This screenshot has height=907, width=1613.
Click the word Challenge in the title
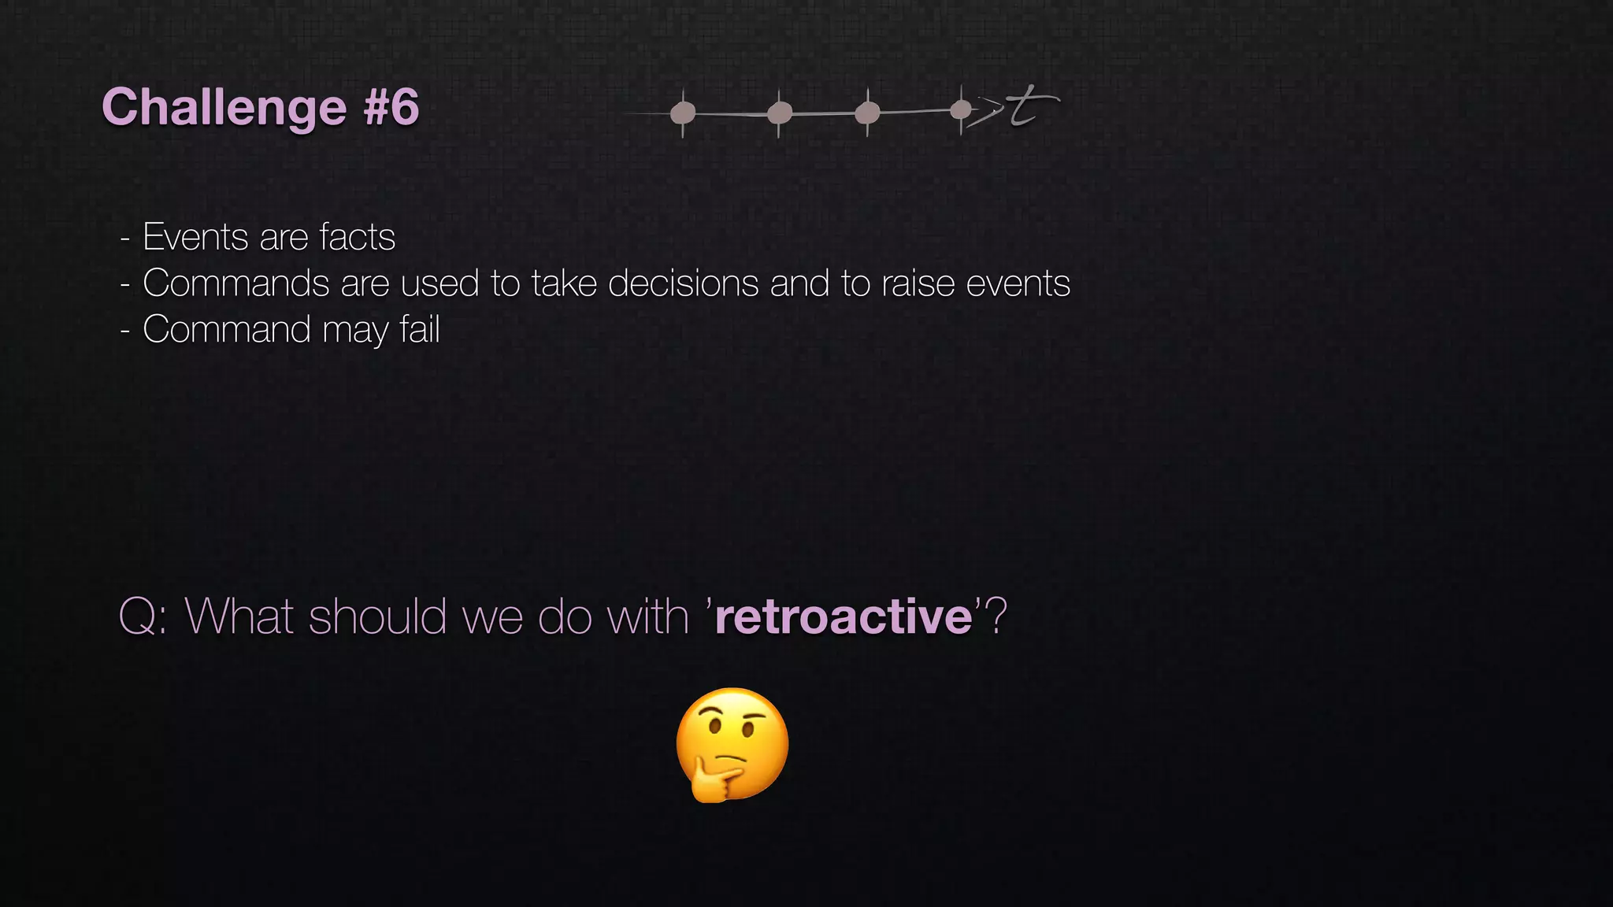point(224,108)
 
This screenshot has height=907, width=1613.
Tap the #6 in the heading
point(391,107)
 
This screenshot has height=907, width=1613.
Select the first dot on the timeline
point(683,113)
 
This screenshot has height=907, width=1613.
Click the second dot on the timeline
point(779,113)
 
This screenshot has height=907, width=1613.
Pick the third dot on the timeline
point(867,113)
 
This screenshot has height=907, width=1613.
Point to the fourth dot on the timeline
point(961,109)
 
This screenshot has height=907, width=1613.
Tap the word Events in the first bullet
point(195,237)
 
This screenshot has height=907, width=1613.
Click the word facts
point(357,237)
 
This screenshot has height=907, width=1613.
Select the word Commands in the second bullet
point(235,283)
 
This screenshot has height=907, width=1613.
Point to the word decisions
point(683,283)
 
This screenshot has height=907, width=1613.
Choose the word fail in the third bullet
point(419,329)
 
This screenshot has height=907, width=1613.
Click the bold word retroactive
point(844,616)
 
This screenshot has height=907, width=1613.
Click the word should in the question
point(378,616)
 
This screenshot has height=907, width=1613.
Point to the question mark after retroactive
point(996,616)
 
